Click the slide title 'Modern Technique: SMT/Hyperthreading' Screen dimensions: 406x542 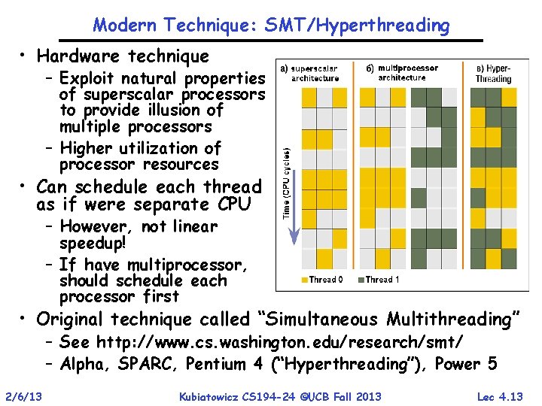[x=271, y=25]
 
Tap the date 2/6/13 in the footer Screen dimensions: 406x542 [x=23, y=396]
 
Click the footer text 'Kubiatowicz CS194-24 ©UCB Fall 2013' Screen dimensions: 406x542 [x=280, y=396]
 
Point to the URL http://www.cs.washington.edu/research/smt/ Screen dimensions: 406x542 [x=280, y=342]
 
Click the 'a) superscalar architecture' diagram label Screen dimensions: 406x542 [x=309, y=73]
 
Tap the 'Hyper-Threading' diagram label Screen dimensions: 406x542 [x=494, y=74]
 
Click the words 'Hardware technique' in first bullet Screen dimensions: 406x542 [x=123, y=56]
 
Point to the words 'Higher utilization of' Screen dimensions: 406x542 [x=140, y=148]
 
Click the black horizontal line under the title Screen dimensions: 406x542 [x=271, y=40]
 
